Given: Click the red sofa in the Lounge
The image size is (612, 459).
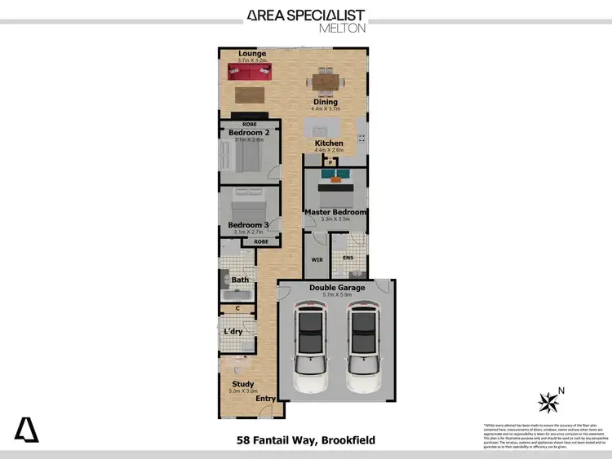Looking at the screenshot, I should (x=248, y=72).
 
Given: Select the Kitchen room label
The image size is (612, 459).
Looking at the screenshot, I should (x=329, y=143).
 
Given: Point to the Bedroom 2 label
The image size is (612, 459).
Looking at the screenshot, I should (x=249, y=132).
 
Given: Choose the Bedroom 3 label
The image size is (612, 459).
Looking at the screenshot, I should (x=248, y=225).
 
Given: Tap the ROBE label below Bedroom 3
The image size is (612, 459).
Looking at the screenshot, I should (x=261, y=242).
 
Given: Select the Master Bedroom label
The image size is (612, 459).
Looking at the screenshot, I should (x=335, y=212).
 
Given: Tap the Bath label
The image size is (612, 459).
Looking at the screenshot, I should (x=240, y=280).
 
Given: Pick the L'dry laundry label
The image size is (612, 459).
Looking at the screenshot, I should (x=233, y=332).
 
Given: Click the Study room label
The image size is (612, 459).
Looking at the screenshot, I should (x=243, y=384).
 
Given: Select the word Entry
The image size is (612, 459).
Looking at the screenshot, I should (x=266, y=398).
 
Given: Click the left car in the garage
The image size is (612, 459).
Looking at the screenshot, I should (x=311, y=346).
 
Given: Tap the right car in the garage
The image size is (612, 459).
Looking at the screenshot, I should (x=363, y=346).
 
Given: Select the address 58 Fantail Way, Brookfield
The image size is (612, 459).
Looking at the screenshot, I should (x=305, y=440).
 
